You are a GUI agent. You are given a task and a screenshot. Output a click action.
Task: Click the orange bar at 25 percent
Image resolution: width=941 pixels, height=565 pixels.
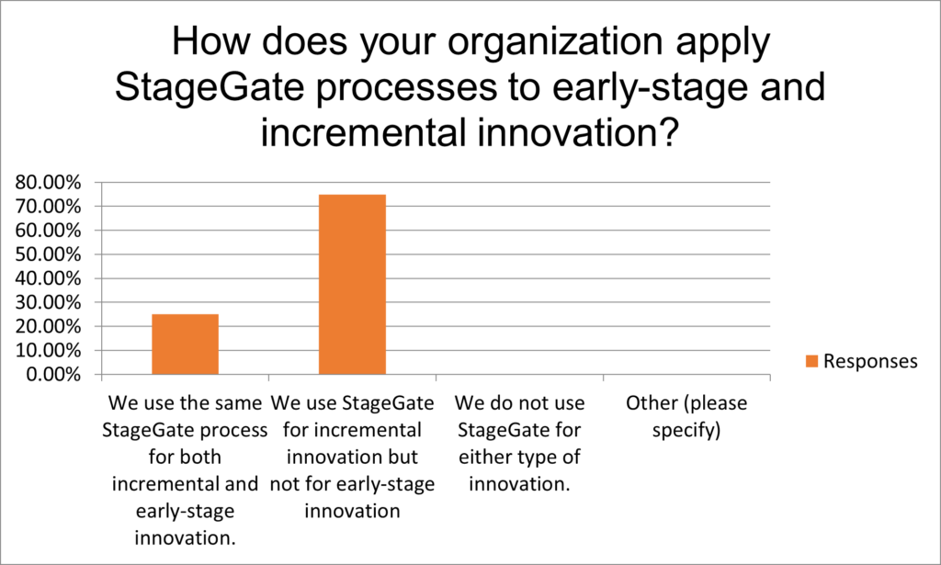click(x=185, y=345)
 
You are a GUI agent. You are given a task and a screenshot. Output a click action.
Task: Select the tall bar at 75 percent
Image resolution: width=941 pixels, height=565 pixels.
click(x=352, y=284)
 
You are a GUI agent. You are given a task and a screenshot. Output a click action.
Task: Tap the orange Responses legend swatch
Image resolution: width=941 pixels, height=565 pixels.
click(x=812, y=361)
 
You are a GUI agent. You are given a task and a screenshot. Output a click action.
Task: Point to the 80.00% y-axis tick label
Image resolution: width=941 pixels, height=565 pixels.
click(x=48, y=182)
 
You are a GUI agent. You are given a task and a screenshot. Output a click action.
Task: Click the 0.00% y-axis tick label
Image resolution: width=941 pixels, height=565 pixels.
click(x=53, y=374)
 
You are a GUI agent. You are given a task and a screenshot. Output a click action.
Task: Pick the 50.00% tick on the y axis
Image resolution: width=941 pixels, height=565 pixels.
click(x=48, y=254)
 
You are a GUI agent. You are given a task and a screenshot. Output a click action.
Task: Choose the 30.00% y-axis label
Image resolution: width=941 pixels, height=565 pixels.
click(x=48, y=302)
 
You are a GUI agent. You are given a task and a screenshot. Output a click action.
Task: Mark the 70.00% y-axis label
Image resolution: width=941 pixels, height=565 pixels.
click(x=48, y=207)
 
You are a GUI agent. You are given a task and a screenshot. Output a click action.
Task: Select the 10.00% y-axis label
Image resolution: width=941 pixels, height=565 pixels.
click(x=48, y=350)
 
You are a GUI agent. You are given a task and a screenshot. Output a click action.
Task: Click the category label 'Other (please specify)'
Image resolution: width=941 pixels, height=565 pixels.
click(x=686, y=416)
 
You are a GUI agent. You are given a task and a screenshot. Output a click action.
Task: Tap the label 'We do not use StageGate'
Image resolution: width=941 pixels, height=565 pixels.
click(x=520, y=416)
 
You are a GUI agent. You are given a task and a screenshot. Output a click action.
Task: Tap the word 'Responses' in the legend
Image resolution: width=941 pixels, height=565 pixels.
click(x=870, y=361)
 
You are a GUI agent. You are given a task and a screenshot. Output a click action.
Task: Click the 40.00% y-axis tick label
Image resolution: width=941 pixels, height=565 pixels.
click(x=48, y=278)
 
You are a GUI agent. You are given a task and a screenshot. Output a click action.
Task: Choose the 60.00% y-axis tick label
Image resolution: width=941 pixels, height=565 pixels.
click(x=48, y=231)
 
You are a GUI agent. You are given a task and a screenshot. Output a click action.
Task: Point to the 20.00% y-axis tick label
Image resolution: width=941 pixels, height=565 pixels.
click(x=48, y=326)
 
